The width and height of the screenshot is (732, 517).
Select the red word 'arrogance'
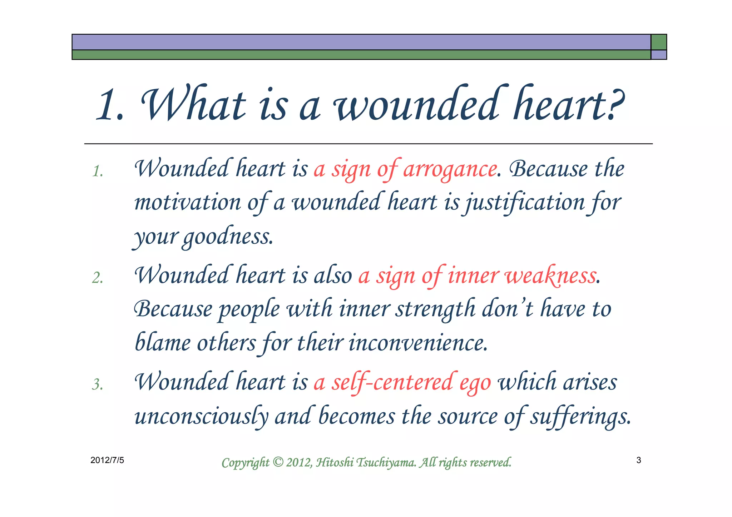tap(450, 169)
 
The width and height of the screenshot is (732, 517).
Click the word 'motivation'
tap(188, 202)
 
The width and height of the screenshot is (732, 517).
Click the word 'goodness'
tap(227, 237)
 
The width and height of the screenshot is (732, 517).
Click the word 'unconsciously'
tap(201, 417)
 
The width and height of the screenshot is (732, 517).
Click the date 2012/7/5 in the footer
tap(107, 460)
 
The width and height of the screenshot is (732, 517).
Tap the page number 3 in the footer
tap(638, 460)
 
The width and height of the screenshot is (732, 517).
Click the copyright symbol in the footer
tap(278, 462)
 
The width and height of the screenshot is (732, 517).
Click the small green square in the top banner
tap(658, 42)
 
